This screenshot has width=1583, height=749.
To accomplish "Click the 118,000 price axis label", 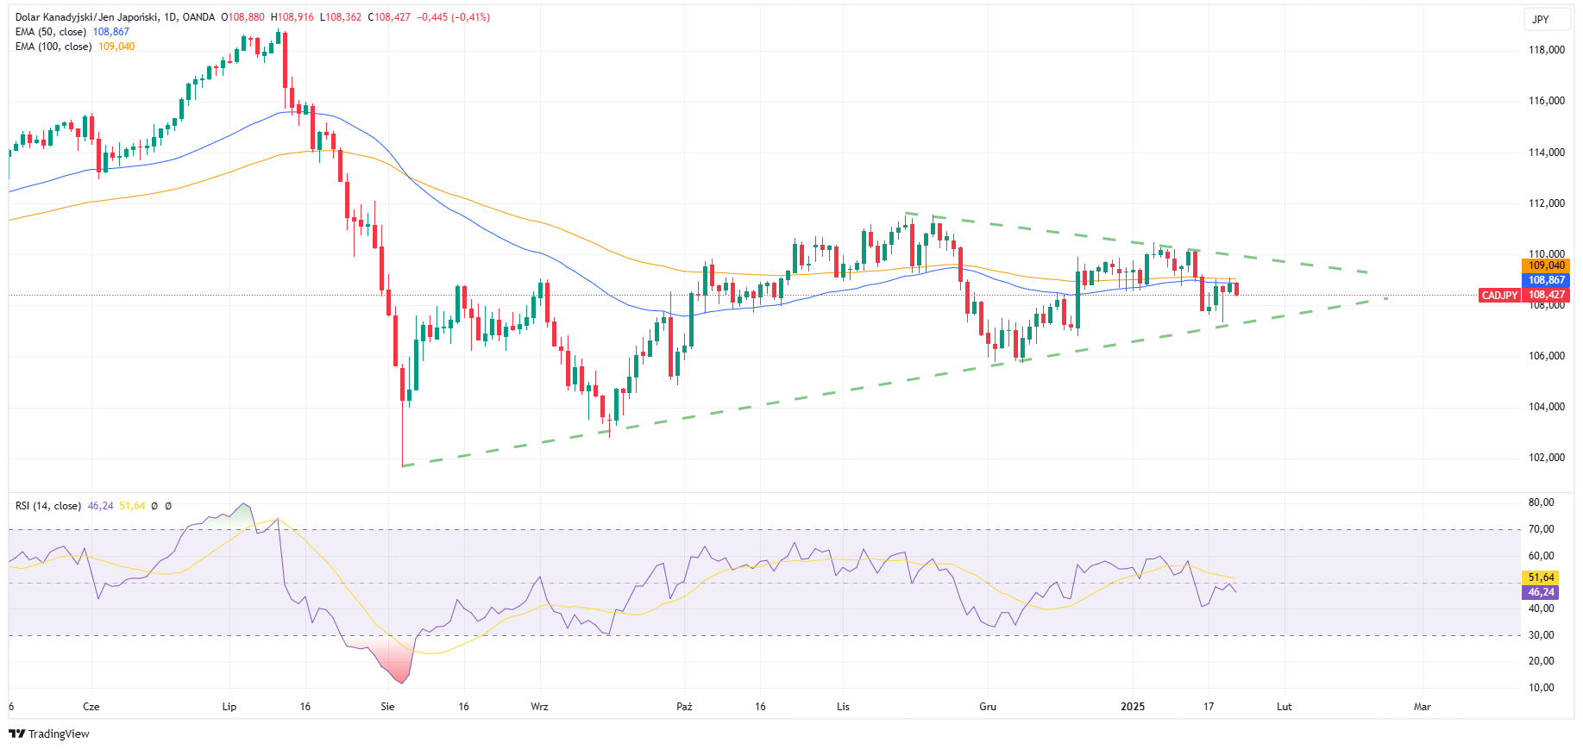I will pos(1546,50).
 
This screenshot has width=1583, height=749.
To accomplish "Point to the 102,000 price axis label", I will pos(1546,458).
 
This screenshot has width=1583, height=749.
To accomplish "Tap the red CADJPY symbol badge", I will pos(1499,295).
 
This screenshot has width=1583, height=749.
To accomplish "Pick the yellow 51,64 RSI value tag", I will pos(1541,577).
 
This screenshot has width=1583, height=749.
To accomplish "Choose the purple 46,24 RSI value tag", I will pos(1541,592).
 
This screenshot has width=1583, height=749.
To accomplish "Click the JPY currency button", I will pos(1540,20).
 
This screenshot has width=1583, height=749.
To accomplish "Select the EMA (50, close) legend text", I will pos(51,32).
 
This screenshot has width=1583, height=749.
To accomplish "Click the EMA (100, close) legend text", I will pos(53,47).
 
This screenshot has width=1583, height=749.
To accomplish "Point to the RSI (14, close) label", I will pos(48,506).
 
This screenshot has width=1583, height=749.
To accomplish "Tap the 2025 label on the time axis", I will pos(1132,707).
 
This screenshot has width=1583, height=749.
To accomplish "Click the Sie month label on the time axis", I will pos(387,707).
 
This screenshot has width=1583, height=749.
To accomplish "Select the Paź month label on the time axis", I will pos(684,707).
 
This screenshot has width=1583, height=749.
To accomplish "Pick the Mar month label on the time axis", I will pos(1422,707).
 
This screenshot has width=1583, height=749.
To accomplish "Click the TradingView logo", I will pos(49,733).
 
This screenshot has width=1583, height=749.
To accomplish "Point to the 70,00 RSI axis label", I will pos(1541,529).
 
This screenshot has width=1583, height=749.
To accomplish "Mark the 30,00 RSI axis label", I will pos(1541,635).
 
